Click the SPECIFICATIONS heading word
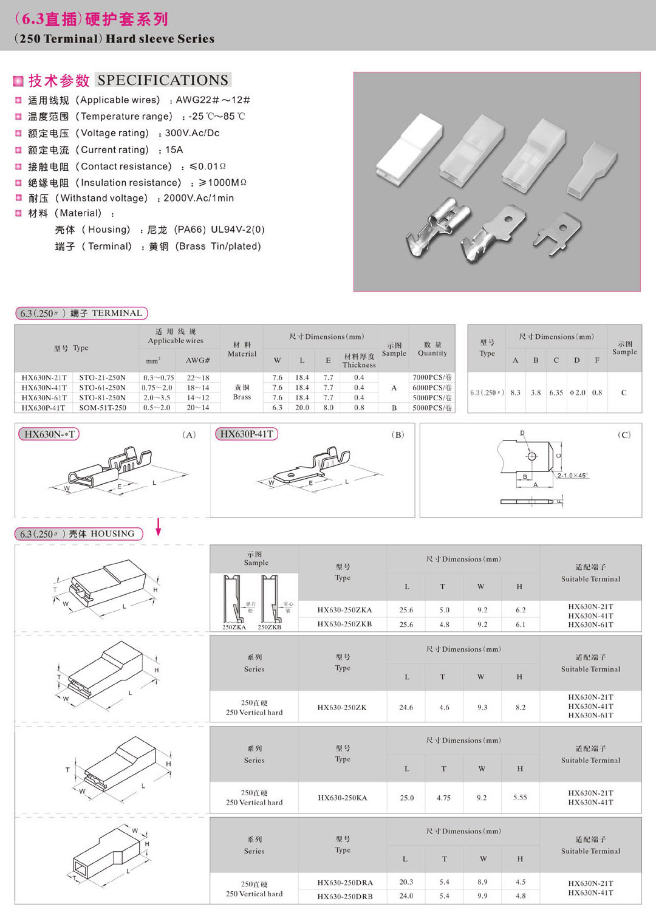[163, 80]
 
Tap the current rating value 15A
[174, 149]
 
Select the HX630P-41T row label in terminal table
[44, 408]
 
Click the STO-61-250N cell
[102, 388]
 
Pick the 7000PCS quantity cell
[432, 377]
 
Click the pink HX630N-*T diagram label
[49, 434]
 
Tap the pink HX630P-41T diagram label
[246, 434]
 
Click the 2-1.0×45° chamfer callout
[572, 475]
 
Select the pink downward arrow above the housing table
[159, 527]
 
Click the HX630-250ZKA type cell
[344, 610]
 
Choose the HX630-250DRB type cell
[345, 896]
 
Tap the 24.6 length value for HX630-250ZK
[406, 707]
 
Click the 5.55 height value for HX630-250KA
[520, 797]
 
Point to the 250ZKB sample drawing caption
[269, 627]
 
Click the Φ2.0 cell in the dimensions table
[577, 392]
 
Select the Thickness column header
[359, 361]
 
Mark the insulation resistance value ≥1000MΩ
[222, 182]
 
